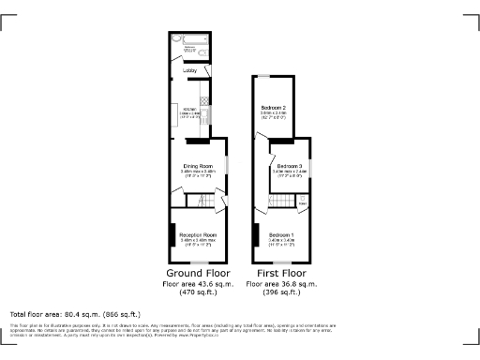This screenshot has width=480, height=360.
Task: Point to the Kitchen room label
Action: point(187,112)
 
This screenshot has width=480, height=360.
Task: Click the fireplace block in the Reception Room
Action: point(172,235)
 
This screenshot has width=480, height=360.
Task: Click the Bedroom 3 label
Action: point(289,166)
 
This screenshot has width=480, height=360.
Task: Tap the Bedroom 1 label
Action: point(281,234)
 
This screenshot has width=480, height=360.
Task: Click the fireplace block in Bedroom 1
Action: point(255,235)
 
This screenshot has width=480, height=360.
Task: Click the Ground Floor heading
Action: point(198,273)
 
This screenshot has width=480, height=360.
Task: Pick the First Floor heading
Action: point(281,273)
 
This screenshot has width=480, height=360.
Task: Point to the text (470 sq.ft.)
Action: point(198,291)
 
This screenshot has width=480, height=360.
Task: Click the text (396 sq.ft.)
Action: point(281,291)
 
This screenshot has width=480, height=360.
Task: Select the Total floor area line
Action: point(75,313)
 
